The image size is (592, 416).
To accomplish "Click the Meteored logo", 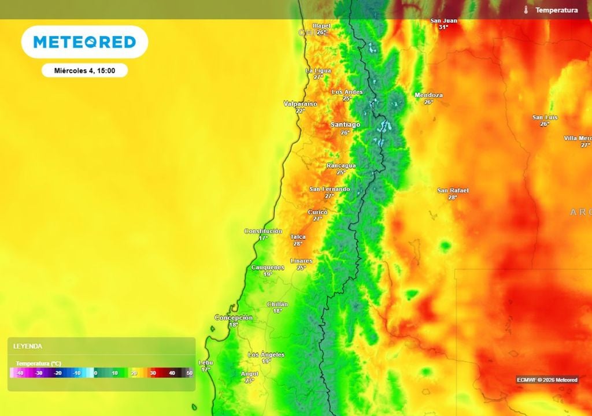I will click(84, 42).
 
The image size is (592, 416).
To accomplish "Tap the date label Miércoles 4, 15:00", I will click(84, 70).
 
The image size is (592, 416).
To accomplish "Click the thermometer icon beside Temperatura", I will click(526, 10).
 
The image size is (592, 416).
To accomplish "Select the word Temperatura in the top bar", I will click(556, 10).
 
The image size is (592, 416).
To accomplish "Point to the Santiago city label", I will click(345, 124).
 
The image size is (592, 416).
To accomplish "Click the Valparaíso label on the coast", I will click(300, 103).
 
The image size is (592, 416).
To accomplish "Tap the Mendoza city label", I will click(428, 95).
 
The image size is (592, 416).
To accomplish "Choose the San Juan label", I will click(443, 21).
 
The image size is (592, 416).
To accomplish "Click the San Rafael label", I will click(453, 190).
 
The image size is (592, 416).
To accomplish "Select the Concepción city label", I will click(234, 317).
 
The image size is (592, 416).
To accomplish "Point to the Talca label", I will click(298, 236).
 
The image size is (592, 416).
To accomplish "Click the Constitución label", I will click(263, 231).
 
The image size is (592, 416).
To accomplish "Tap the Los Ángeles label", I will click(266, 354).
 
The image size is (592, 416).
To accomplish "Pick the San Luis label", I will click(545, 117).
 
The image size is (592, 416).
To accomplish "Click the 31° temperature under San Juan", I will click(443, 27).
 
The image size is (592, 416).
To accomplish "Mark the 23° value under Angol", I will click(250, 380).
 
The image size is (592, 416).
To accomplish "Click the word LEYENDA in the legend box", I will click(28, 346).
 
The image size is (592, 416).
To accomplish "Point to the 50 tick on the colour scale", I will click(190, 373).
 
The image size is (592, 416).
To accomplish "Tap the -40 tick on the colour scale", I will click(20, 373).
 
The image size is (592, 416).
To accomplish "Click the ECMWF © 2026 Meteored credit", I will click(547, 380).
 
